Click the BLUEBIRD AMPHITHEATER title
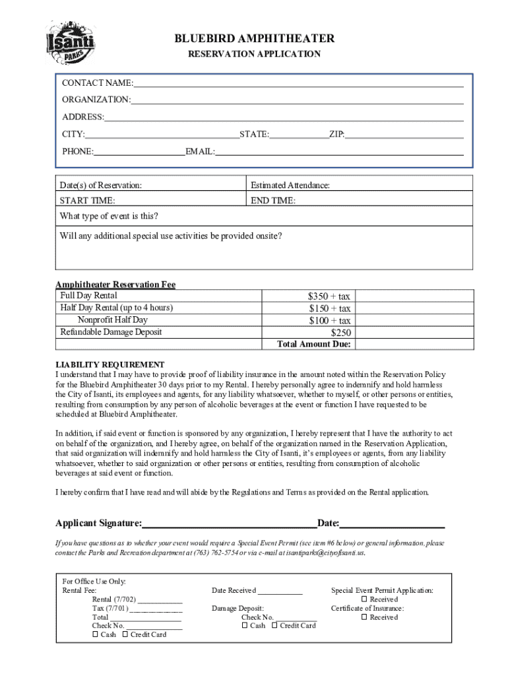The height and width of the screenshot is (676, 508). (x=254, y=39)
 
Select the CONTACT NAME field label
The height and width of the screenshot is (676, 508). (x=97, y=83)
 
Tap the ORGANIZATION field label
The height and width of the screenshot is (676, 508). (x=96, y=100)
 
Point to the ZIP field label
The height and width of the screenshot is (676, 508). (x=336, y=135)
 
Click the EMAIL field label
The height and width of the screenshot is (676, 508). (x=200, y=152)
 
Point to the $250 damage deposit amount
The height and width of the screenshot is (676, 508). (x=340, y=333)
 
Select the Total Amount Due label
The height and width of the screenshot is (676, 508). (x=314, y=345)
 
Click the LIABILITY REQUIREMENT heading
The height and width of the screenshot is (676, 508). (x=110, y=364)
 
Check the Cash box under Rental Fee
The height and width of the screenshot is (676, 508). (x=96, y=634)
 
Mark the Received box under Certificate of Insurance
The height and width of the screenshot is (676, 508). (x=364, y=617)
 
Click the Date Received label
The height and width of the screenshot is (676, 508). (x=234, y=591)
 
